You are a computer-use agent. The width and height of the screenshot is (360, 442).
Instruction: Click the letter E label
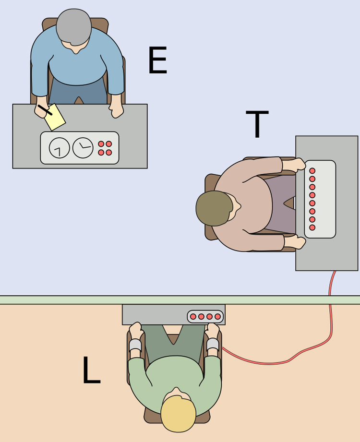(x=157, y=60)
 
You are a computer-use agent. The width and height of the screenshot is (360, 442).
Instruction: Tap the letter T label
(x=257, y=124)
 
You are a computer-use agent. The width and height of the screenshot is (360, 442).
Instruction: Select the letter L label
(x=91, y=370)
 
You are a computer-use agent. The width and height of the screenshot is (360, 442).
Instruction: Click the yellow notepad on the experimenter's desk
(x=55, y=117)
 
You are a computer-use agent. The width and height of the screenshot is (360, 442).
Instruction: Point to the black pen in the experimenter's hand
(x=45, y=110)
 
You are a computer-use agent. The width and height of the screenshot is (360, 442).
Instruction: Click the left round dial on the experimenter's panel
(x=59, y=148)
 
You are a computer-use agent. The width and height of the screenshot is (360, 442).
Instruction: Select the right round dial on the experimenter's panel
(x=83, y=148)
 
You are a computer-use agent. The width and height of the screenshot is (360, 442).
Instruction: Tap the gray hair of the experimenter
(x=74, y=27)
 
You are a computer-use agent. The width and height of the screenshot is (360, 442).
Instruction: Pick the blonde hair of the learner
(x=178, y=414)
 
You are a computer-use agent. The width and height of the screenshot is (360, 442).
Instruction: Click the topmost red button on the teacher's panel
(x=312, y=171)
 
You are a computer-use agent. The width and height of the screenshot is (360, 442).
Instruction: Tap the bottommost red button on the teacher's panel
(x=312, y=227)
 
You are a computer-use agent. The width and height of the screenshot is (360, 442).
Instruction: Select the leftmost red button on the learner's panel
(x=193, y=317)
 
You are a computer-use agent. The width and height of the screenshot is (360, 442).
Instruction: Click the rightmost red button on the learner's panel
(x=217, y=317)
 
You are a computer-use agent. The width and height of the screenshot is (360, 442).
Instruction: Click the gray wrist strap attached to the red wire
(x=213, y=344)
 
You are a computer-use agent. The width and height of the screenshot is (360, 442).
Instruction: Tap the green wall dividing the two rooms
(x=180, y=300)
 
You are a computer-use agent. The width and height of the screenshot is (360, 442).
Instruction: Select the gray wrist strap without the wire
(x=135, y=345)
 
